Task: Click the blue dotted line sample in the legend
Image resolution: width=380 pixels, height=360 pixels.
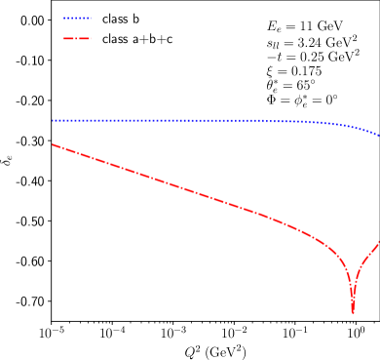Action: click(77, 18)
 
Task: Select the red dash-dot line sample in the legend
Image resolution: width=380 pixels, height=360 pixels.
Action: click(77, 38)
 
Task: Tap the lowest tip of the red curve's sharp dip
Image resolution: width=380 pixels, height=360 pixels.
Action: click(353, 311)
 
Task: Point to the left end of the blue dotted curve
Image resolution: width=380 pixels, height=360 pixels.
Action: click(53, 121)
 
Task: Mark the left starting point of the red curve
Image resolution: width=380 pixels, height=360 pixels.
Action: click(53, 144)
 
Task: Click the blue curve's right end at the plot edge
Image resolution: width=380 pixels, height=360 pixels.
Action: click(379, 136)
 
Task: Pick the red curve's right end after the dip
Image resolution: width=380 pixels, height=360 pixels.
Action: click(379, 240)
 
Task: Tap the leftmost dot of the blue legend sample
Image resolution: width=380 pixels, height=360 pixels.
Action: click(64, 18)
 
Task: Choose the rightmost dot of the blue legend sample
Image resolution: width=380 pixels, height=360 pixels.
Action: click(90, 18)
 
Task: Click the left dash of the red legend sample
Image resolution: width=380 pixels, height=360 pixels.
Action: click(69, 38)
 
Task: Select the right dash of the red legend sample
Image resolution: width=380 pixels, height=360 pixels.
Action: click(85, 38)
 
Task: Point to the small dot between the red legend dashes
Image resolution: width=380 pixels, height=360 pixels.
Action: click(77, 38)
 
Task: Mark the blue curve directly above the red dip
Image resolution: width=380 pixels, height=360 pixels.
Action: click(353, 127)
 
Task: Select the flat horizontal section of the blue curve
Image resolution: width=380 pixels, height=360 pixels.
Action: click(146, 121)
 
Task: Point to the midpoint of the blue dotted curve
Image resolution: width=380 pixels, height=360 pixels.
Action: click(215, 121)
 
